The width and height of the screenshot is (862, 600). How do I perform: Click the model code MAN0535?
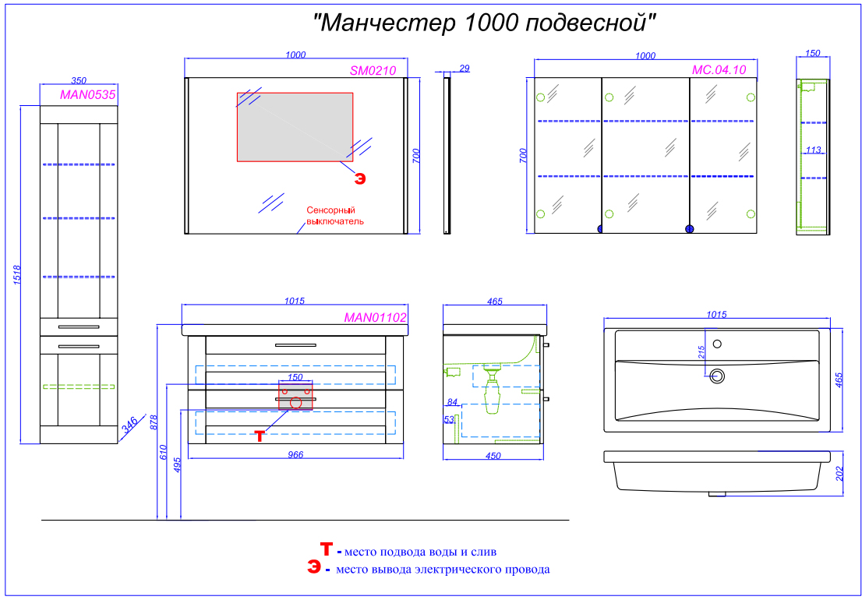click(87, 94)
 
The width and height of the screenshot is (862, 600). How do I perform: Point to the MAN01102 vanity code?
click(375, 317)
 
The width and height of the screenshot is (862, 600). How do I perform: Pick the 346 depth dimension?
click(129, 425)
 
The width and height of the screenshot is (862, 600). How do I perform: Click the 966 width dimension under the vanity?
click(295, 454)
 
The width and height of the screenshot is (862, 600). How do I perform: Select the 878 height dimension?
click(154, 422)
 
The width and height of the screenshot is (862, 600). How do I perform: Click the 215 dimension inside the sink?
click(701, 353)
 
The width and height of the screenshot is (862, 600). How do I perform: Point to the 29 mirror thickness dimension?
click(464, 68)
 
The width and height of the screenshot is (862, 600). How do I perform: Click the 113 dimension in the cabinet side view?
click(814, 149)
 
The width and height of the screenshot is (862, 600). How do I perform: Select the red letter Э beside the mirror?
click(359, 178)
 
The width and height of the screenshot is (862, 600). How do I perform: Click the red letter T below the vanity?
click(260, 436)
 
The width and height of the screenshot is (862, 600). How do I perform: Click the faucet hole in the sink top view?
click(716, 344)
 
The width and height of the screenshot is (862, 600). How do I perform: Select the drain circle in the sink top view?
click(717, 376)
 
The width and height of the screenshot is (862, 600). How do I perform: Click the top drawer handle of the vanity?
click(295, 345)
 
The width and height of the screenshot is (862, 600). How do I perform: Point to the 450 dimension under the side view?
click(493, 455)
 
